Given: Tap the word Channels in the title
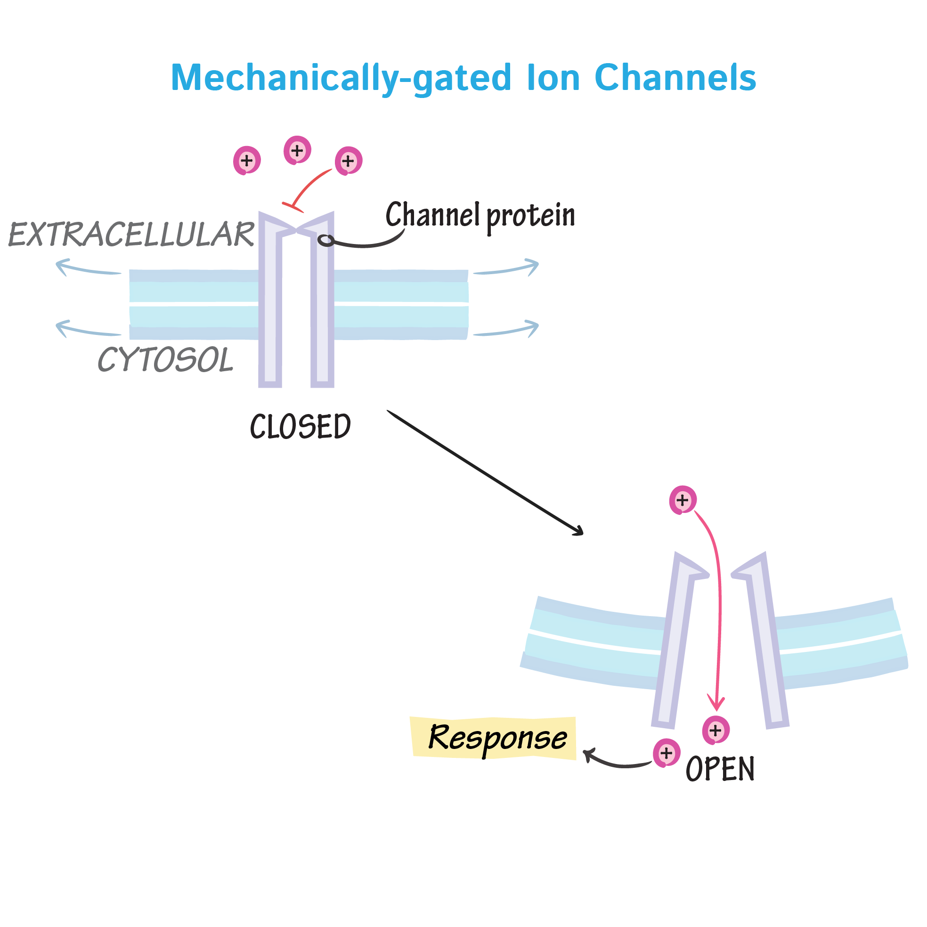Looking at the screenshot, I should [675, 78].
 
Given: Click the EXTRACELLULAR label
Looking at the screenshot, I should [131, 235].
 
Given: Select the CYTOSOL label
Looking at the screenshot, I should [165, 360].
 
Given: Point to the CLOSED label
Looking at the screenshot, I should [301, 427].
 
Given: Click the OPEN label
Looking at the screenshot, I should [720, 770].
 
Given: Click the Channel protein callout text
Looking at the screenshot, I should [480, 215].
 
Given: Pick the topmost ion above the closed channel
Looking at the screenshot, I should [297, 150].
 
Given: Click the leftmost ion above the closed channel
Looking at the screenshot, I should [247, 160].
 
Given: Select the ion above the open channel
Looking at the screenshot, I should [682, 500].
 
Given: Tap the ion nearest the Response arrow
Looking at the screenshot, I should [666, 753].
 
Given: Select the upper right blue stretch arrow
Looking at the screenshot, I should [506, 269].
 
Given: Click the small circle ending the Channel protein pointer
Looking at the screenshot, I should [326, 240].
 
